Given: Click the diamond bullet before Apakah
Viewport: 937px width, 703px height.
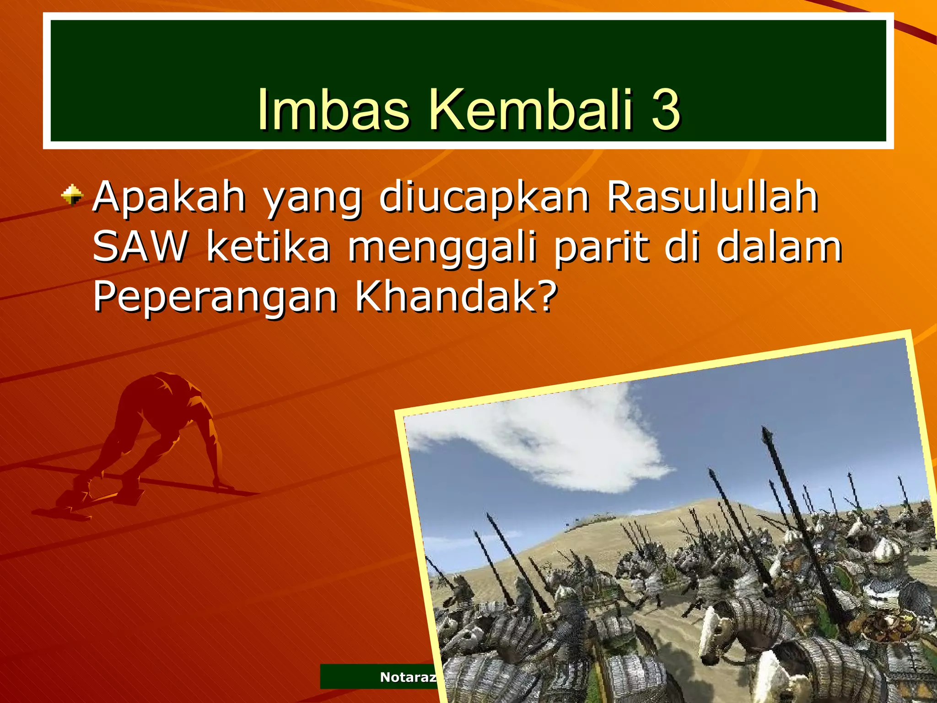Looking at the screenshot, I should pos(72,195).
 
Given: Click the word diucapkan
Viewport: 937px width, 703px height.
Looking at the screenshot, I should pos(484,198).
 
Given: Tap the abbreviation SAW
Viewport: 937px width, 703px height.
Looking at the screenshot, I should pos(140,247).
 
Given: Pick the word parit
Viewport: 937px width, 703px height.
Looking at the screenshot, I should pos(601,248).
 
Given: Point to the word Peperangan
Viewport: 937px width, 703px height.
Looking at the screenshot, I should pos(215,297).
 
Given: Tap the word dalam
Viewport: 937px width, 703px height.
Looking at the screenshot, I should pos(779,247).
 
